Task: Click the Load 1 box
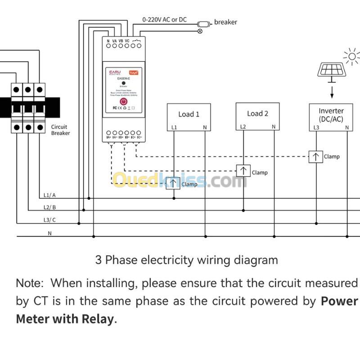tap(189, 117)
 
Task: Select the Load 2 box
tap(257, 117)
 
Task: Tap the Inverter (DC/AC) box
tap(331, 117)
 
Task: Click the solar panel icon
tap(332, 70)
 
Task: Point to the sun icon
tap(351, 57)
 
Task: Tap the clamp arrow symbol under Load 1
tap(173, 184)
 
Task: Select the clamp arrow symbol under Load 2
tap(243, 171)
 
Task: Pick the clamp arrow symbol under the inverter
tap(315, 156)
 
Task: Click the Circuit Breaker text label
tap(60, 130)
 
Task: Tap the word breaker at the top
tap(225, 22)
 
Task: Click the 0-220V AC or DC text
tap(164, 20)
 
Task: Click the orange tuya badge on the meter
tap(134, 72)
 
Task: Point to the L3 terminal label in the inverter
tap(316, 127)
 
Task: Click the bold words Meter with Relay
tap(65, 319)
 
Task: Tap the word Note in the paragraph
tap(29, 283)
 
